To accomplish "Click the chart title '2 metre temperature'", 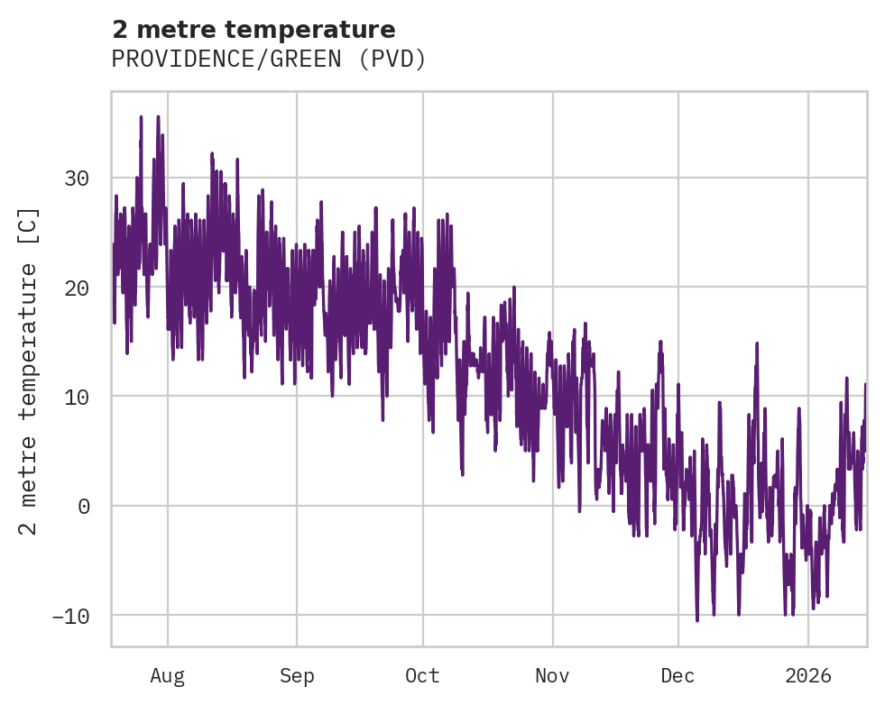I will [254, 30].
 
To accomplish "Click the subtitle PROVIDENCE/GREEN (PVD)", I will [268, 60].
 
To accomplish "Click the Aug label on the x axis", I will [168, 676].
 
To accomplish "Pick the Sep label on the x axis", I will [296, 676].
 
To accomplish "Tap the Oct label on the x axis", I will [422, 676].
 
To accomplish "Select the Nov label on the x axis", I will [552, 676].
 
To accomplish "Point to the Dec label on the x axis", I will [678, 676].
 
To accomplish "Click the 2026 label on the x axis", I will [808, 676].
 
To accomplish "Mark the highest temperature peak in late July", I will [141, 116].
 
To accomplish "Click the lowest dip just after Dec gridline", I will [696, 620].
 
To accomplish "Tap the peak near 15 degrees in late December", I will [757, 343].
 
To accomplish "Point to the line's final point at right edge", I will [865, 384].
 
